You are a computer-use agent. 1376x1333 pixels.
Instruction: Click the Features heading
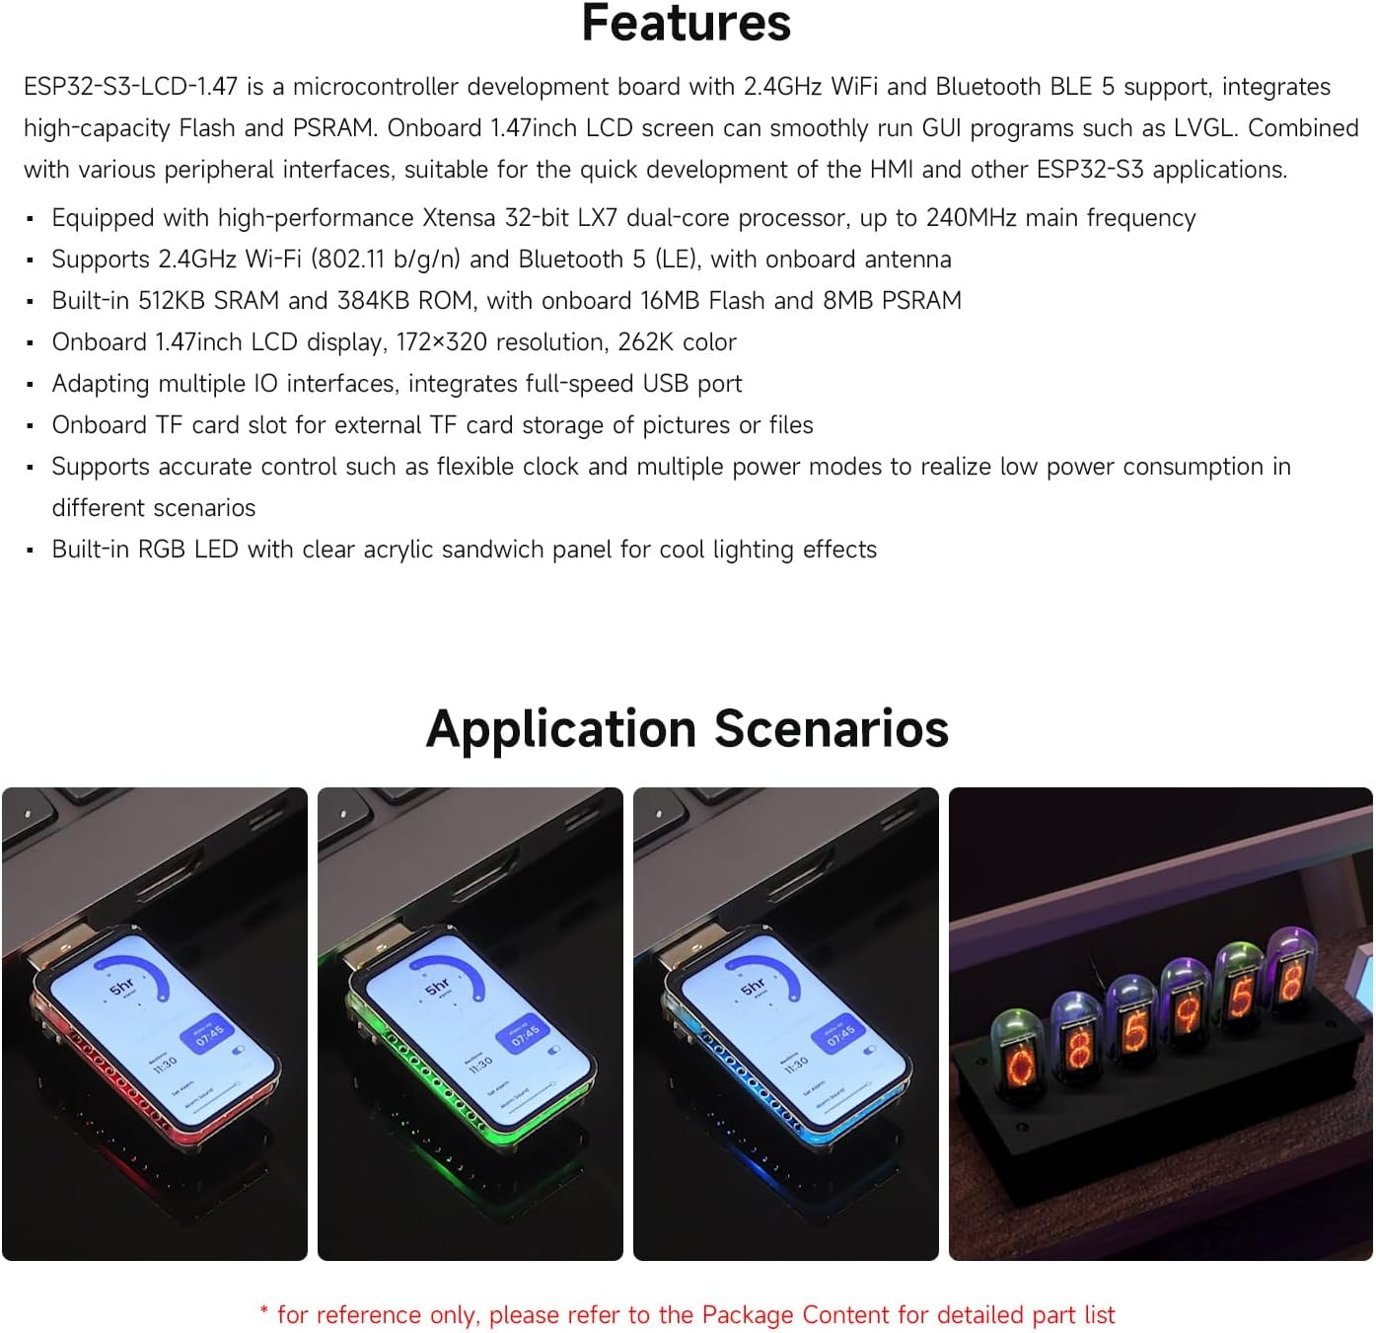pyautogui.click(x=687, y=24)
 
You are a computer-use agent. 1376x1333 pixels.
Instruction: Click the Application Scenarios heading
pyautogui.click(x=687, y=729)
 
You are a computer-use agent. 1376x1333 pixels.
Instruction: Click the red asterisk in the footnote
pyautogui.click(x=264, y=1313)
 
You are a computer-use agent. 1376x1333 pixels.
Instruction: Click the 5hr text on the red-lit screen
pyautogui.click(x=121, y=987)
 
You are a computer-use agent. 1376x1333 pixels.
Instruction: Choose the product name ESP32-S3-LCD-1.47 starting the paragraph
pyautogui.click(x=130, y=87)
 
